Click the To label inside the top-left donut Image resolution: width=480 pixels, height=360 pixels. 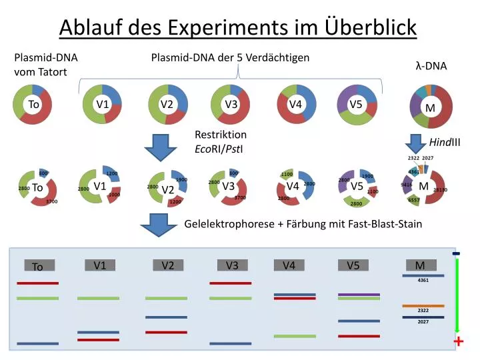[x=33, y=104]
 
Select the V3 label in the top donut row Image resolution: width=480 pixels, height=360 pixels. [x=231, y=104]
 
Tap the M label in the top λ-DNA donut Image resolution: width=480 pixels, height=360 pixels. [x=430, y=108]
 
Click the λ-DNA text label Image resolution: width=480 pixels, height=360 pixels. [x=431, y=66]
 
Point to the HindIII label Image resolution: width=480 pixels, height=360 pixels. [x=445, y=142]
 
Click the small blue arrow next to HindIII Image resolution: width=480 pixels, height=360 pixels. [x=416, y=143]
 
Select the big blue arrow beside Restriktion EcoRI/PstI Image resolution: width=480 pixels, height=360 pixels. [x=159, y=147]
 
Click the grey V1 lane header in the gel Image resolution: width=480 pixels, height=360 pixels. [x=100, y=265]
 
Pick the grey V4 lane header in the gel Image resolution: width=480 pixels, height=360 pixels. [x=289, y=265]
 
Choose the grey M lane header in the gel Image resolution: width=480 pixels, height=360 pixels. [x=420, y=265]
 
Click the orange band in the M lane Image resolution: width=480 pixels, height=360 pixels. [x=423, y=305]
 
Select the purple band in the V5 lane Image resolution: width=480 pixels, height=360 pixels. [x=359, y=294]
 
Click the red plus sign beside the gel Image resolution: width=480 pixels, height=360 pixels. [x=459, y=342]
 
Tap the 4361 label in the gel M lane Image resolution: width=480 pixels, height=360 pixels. [x=423, y=281]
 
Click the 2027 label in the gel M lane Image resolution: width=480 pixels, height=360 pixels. [x=423, y=322]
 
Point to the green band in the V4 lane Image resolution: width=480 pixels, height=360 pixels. [x=295, y=336]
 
